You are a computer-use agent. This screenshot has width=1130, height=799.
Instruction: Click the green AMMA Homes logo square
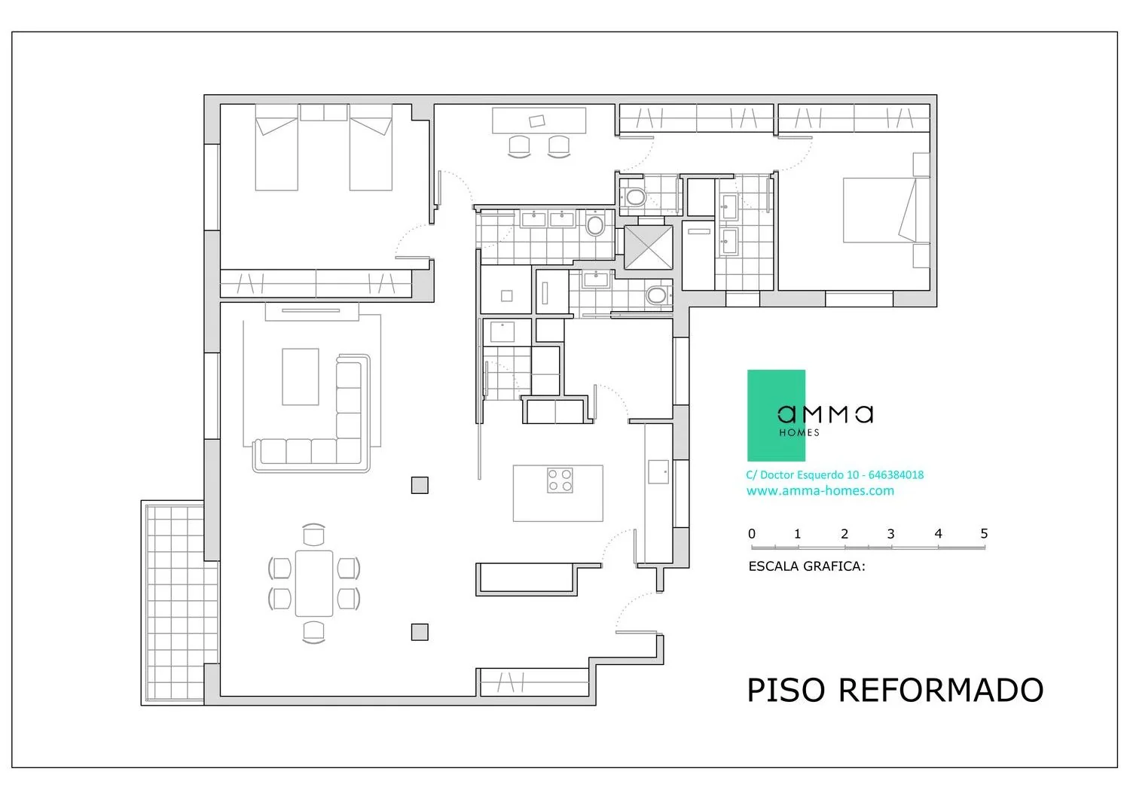pos(776,415)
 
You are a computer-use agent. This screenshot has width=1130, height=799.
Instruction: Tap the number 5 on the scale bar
pos(984,533)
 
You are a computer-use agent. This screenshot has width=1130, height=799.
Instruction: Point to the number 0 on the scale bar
pos(752,534)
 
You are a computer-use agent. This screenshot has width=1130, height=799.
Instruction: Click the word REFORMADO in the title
pos(941,690)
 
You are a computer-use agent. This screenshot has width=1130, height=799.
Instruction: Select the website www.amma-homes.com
pos(820,491)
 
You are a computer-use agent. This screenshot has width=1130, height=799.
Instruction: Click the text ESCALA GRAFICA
pos(807,566)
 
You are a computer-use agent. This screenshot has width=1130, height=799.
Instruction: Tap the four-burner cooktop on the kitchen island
pos(560,480)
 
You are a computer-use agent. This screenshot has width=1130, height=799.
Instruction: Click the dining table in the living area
pos(314,584)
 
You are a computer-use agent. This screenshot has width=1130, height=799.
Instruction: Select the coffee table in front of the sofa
pos(300,377)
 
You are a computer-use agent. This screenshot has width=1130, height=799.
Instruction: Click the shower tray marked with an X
pos(648,247)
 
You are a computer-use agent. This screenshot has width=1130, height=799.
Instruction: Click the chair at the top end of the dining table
pos(314,534)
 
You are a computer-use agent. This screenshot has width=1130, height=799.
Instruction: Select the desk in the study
pos(539,120)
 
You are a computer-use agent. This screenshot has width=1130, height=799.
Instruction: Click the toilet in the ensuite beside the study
pos(634,197)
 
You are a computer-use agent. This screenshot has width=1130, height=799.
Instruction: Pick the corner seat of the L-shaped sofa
pos(349,450)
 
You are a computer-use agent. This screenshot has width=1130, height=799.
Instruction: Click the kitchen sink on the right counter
pos(658,471)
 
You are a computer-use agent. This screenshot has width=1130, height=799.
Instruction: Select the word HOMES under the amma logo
pos(799,432)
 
